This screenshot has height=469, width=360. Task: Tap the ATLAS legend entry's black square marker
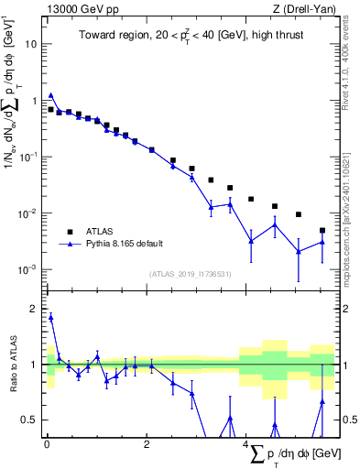tap(67, 231)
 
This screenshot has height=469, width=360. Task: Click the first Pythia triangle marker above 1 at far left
tap(50, 94)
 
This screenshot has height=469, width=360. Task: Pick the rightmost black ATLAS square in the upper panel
tap(322, 231)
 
